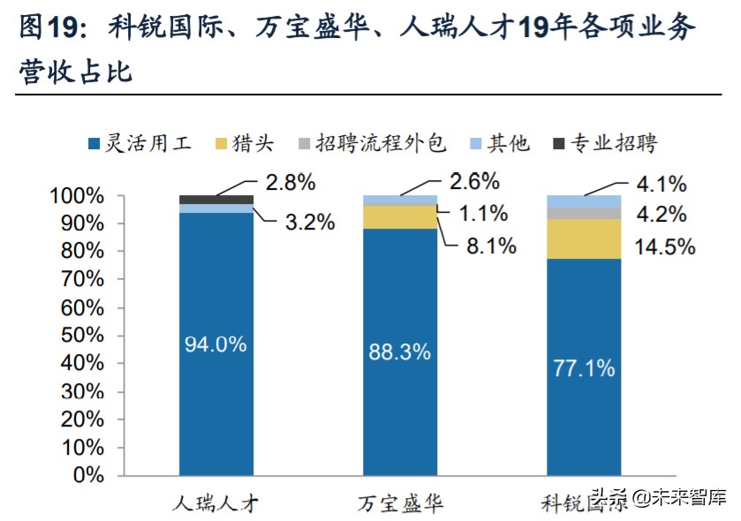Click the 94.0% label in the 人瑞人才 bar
pyautogui.click(x=215, y=345)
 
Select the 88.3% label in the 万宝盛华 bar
pyautogui.click(x=399, y=352)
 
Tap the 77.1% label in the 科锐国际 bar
pyautogui.click(x=583, y=368)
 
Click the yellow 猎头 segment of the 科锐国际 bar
pyautogui.click(x=584, y=238)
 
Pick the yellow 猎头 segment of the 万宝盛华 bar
pyautogui.click(x=400, y=216)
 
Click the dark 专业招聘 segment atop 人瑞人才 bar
pyautogui.click(x=216, y=199)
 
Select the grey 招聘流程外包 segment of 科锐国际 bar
pyautogui.click(x=584, y=213)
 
